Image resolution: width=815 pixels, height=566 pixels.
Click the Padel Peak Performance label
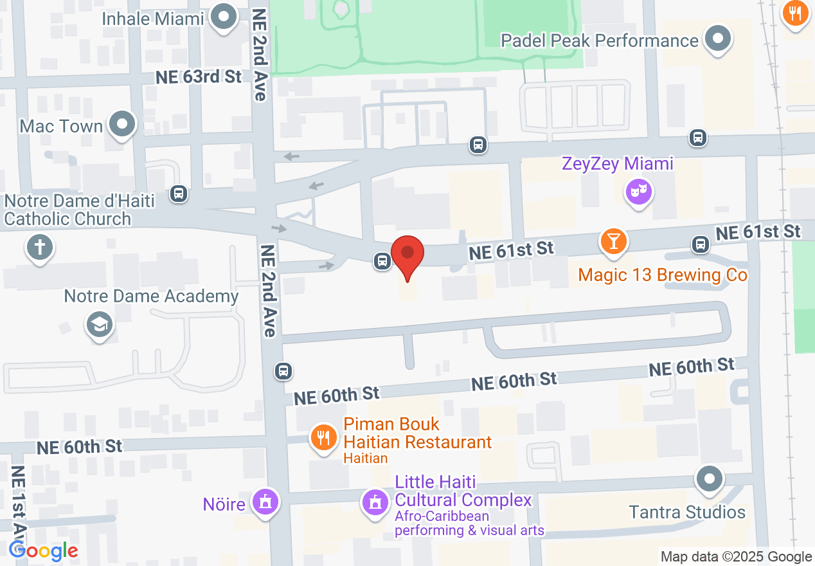coord(599,41)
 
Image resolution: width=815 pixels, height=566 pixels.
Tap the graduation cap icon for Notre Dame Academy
coord(99,324)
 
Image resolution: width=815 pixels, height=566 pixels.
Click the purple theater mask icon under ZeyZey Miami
coord(639,192)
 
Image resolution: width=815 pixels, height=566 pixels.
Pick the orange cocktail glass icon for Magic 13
coord(613,241)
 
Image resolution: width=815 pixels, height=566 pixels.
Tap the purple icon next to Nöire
coord(264,501)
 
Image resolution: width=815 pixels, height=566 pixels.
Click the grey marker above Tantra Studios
coord(710,479)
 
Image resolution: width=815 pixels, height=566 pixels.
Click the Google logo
coord(43,551)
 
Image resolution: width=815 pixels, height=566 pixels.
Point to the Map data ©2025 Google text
coord(736,557)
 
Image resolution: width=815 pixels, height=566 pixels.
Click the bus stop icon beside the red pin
coord(382,261)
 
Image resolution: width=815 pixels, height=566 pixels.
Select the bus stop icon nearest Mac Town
coord(179,193)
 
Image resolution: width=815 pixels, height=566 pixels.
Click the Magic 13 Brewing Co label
coord(663,275)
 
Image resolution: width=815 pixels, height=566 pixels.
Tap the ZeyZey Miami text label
coord(617,164)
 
